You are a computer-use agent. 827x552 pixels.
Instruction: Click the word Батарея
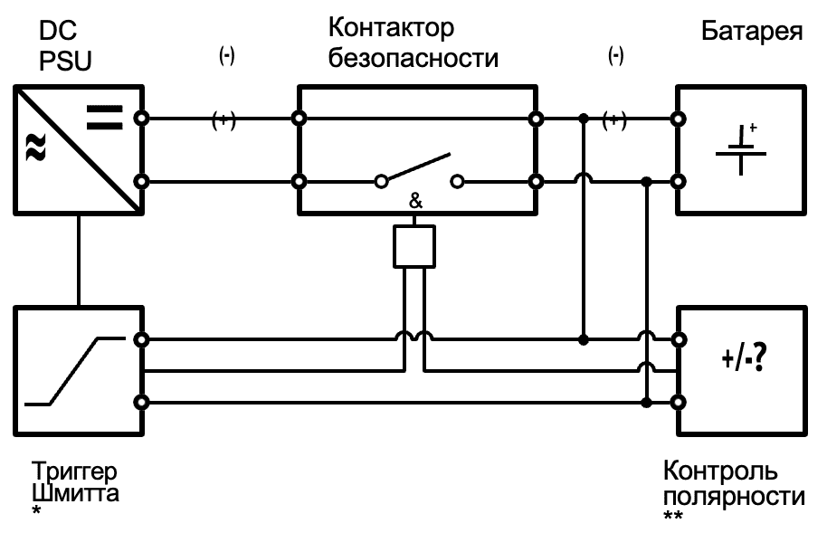752,33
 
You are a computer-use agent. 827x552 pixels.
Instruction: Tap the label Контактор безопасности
413,43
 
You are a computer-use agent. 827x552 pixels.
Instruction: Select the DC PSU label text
65,48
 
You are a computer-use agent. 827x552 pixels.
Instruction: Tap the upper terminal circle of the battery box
679,119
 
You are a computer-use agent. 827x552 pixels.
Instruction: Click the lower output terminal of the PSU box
140,181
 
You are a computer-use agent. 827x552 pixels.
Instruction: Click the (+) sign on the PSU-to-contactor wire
223,121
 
